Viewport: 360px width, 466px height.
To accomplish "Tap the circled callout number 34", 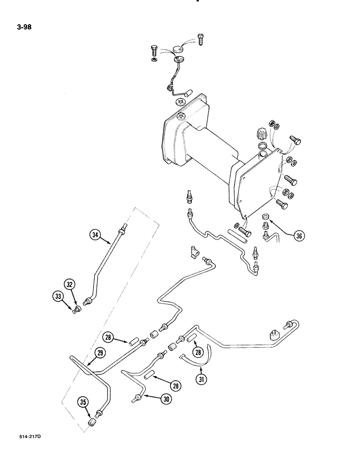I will (x=95, y=236).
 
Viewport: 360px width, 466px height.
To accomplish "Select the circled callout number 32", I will (x=70, y=284).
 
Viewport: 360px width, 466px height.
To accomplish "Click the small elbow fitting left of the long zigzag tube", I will (x=194, y=253).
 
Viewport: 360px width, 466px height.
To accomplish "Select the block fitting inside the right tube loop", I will (x=274, y=334).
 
